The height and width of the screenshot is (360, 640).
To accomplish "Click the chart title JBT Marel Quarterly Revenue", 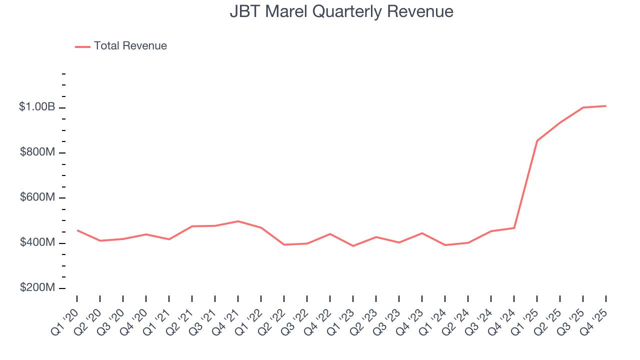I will coord(341,11).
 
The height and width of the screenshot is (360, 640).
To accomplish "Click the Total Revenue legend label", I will coord(130,46).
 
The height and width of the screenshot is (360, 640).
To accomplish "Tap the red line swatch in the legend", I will coord(82,46).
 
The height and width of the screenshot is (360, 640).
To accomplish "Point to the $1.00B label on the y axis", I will coord(37,107).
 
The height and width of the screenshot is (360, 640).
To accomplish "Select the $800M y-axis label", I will coord(37,152).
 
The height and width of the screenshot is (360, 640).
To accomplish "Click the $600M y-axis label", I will coord(37,197).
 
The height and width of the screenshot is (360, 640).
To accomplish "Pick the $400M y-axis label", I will coord(37,242).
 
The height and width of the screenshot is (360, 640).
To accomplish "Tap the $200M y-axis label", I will coord(37,288).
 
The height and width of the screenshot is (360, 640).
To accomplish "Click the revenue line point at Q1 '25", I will coord(537,140).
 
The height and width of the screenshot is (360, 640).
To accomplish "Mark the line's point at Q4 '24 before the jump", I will coord(514,228).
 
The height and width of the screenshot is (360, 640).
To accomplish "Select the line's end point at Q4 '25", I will coord(606,106).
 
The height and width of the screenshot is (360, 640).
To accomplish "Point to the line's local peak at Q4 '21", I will coord(238,221).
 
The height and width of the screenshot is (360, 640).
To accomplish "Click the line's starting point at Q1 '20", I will coord(77,230).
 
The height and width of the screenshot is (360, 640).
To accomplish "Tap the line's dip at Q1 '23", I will coord(353,246).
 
